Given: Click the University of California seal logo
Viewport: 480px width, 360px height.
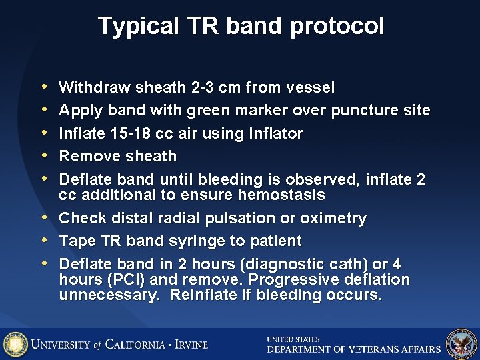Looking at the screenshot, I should (15, 344).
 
